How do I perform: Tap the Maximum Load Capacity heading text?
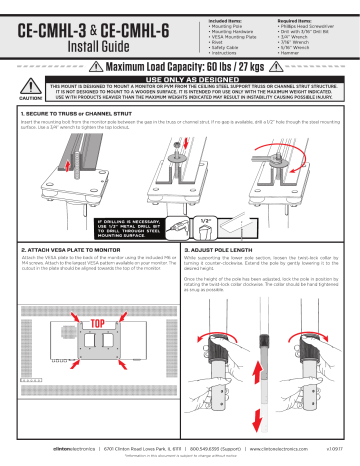196,66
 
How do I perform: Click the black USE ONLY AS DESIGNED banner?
194,80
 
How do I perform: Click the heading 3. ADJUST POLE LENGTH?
231,246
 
